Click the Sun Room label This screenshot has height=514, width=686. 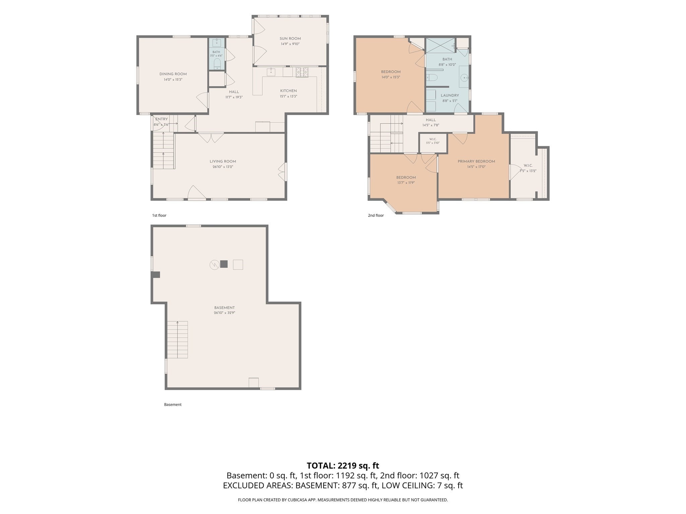pos(290,38)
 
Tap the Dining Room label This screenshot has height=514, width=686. pos(173,74)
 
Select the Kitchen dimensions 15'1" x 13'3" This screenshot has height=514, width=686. pos(288,96)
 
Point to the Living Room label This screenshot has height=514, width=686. pos(223,161)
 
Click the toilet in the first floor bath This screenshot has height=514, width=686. pos(217,64)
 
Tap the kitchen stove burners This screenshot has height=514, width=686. pos(302,72)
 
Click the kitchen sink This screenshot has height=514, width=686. pos(271,72)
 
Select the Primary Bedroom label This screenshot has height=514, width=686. pos(476,161)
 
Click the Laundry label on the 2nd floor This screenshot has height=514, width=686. pos(450,95)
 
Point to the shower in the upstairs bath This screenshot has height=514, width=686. pos(440,46)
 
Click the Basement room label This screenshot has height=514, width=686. pos(224,308)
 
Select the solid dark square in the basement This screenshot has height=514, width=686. pos(224,264)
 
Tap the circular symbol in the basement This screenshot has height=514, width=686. pos(214,265)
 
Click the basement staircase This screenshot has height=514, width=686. pos(178,340)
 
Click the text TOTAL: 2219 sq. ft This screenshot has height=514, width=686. pos(343,465)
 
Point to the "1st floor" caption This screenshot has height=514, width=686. pos(159,216)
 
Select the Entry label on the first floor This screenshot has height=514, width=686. pos(161,119)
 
